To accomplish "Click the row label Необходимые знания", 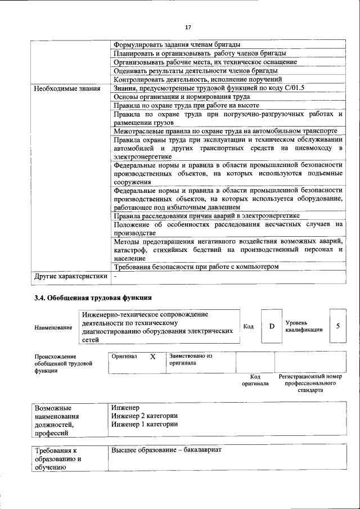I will pos(67,88).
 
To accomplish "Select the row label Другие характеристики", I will pos(70,276).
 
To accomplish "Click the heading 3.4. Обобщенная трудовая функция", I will pos(93,298).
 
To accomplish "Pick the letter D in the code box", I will pos(272,326).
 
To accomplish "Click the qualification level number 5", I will pos(337,326).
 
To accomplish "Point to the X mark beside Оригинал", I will pos(152,357).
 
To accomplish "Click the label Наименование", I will pos(53,327).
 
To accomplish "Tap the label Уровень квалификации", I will pos(304,326).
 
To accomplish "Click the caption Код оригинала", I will pos(255,380).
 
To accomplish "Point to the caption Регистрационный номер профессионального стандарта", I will pos(310,383).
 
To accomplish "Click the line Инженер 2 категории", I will pos(145,416).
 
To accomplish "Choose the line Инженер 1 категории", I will pos(145,424).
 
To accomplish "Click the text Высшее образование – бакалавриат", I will pos(166,451).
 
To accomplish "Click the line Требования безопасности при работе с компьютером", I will pos(196,267).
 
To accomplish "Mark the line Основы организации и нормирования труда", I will pos(178,97).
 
